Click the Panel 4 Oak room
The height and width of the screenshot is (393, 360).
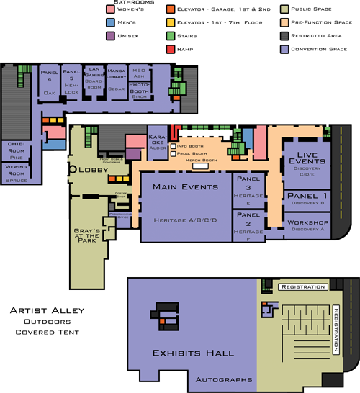click(x=49, y=83)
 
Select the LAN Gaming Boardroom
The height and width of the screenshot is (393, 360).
click(x=94, y=83)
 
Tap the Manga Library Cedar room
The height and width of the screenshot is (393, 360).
click(x=116, y=82)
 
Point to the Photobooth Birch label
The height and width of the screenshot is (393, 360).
click(x=139, y=90)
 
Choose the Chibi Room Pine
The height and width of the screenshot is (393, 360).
click(x=17, y=150)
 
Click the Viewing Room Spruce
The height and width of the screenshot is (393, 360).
click(x=17, y=173)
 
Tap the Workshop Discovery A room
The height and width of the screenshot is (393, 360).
click(x=307, y=226)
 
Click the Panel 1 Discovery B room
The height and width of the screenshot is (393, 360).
click(x=307, y=199)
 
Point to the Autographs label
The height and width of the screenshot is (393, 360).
click(x=224, y=379)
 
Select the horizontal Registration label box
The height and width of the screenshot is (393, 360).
click(x=302, y=287)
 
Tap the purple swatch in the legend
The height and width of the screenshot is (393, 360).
click(x=110, y=35)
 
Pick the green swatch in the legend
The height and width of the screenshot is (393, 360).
click(x=171, y=35)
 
